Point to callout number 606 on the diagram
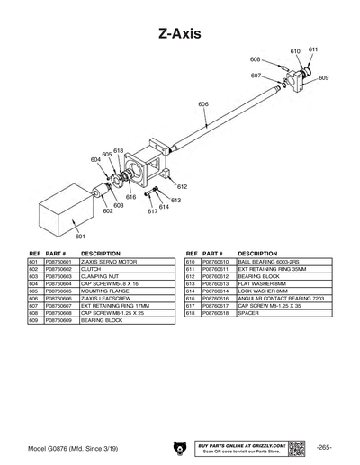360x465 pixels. pos(203,105)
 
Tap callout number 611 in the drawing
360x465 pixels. pos(312,49)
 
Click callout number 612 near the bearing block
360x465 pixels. pos(182,187)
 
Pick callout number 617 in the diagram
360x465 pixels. pos(153,211)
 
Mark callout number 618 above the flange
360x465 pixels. pos(118,151)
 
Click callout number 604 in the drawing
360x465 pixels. pos(96,159)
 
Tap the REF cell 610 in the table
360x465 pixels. pos(191,262)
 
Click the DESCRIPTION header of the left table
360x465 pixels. pos(101,254)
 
